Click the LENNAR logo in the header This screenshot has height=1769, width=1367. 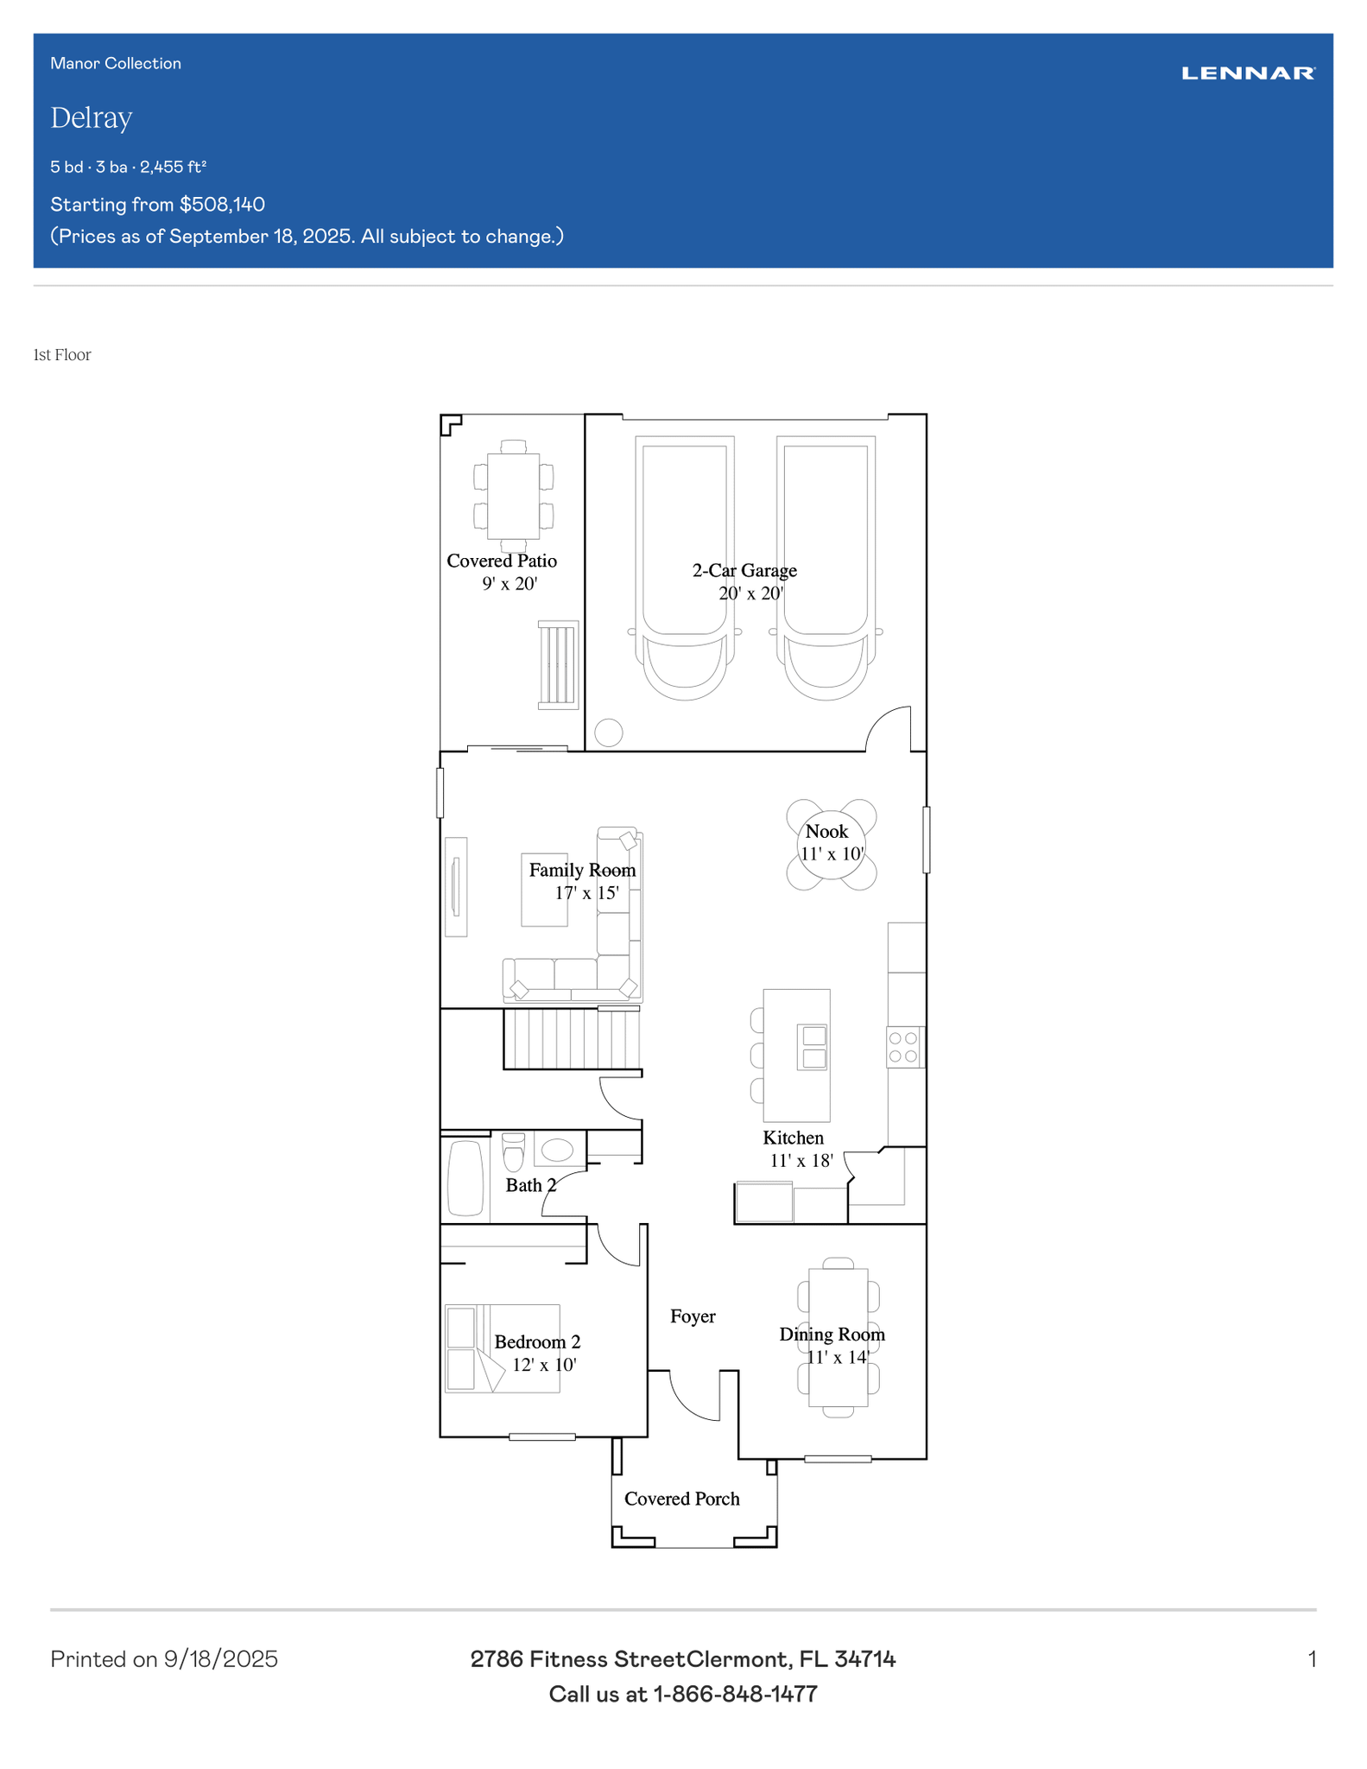(1248, 73)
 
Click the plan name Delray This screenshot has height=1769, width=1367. (92, 117)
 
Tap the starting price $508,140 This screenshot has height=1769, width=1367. (222, 205)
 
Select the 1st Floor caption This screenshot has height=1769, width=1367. (62, 355)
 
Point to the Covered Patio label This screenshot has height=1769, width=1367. (502, 561)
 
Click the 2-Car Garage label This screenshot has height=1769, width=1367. (744, 570)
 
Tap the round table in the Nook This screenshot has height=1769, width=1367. (831, 845)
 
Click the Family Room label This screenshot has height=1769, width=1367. (582, 870)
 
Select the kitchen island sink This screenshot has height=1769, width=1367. (813, 1047)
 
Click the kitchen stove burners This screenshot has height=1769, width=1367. (903, 1047)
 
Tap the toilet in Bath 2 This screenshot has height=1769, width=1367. (513, 1151)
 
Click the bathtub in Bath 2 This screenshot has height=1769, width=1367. (465, 1178)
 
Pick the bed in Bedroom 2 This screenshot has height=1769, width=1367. (503, 1348)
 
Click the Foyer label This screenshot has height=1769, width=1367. (693, 1316)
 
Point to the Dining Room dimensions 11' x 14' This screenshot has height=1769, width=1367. (838, 1357)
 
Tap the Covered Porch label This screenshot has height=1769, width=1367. (682, 1499)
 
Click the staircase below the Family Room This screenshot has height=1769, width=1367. (572, 1038)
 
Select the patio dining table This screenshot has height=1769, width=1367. (514, 496)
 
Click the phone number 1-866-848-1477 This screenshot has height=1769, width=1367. (735, 1694)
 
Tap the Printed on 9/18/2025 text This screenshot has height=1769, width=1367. (164, 1658)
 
